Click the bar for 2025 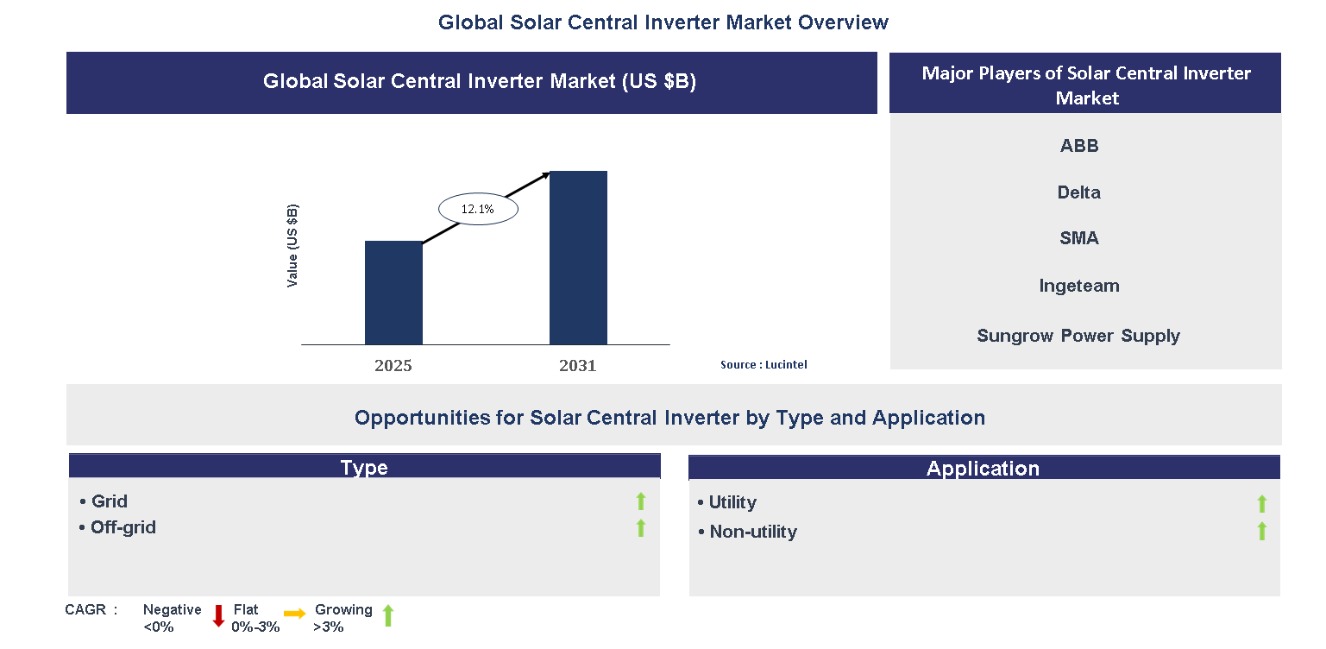pyautogui.click(x=393, y=293)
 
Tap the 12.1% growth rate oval pyautogui.click(x=478, y=209)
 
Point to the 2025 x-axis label pyautogui.click(x=393, y=366)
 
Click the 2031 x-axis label pyautogui.click(x=577, y=366)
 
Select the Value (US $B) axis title pyautogui.click(x=292, y=246)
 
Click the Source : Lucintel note pyautogui.click(x=764, y=365)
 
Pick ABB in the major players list pyautogui.click(x=1079, y=146)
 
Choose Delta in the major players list pyautogui.click(x=1079, y=192)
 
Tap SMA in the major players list pyautogui.click(x=1079, y=238)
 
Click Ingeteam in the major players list pyautogui.click(x=1079, y=286)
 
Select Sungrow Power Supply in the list pyautogui.click(x=1078, y=336)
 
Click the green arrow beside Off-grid pyautogui.click(x=640, y=527)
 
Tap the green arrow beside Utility pyautogui.click(x=1261, y=503)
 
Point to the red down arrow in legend pyautogui.click(x=218, y=616)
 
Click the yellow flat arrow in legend pyautogui.click(x=295, y=614)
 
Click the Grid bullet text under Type pyautogui.click(x=109, y=501)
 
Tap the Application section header pyautogui.click(x=984, y=468)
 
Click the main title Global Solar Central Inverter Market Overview pyautogui.click(x=663, y=22)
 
